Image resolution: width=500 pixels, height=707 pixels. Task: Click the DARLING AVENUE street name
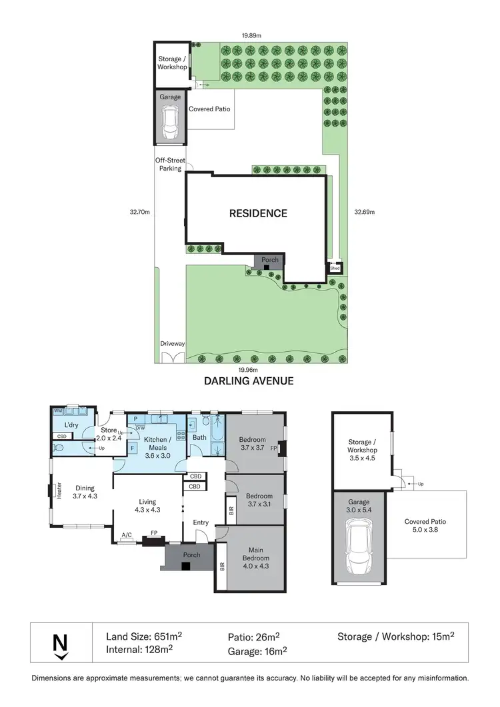click(x=249, y=382)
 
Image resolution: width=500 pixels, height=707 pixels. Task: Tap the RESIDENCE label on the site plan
click(x=258, y=213)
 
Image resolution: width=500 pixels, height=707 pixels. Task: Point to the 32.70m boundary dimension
click(x=139, y=213)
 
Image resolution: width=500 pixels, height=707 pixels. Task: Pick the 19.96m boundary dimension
click(x=248, y=368)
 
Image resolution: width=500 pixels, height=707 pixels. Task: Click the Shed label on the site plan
click(x=335, y=268)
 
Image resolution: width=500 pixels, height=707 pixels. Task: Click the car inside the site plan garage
click(x=171, y=123)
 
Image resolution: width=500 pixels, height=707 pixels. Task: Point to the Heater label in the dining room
click(x=58, y=490)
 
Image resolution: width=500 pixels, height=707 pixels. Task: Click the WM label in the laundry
click(x=58, y=412)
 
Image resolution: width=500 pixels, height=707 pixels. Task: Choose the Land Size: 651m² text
click(x=145, y=636)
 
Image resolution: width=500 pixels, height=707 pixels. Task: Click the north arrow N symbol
click(x=61, y=644)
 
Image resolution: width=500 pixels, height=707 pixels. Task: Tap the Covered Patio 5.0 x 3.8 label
click(x=425, y=526)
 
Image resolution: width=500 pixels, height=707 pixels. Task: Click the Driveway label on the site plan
click(x=172, y=344)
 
